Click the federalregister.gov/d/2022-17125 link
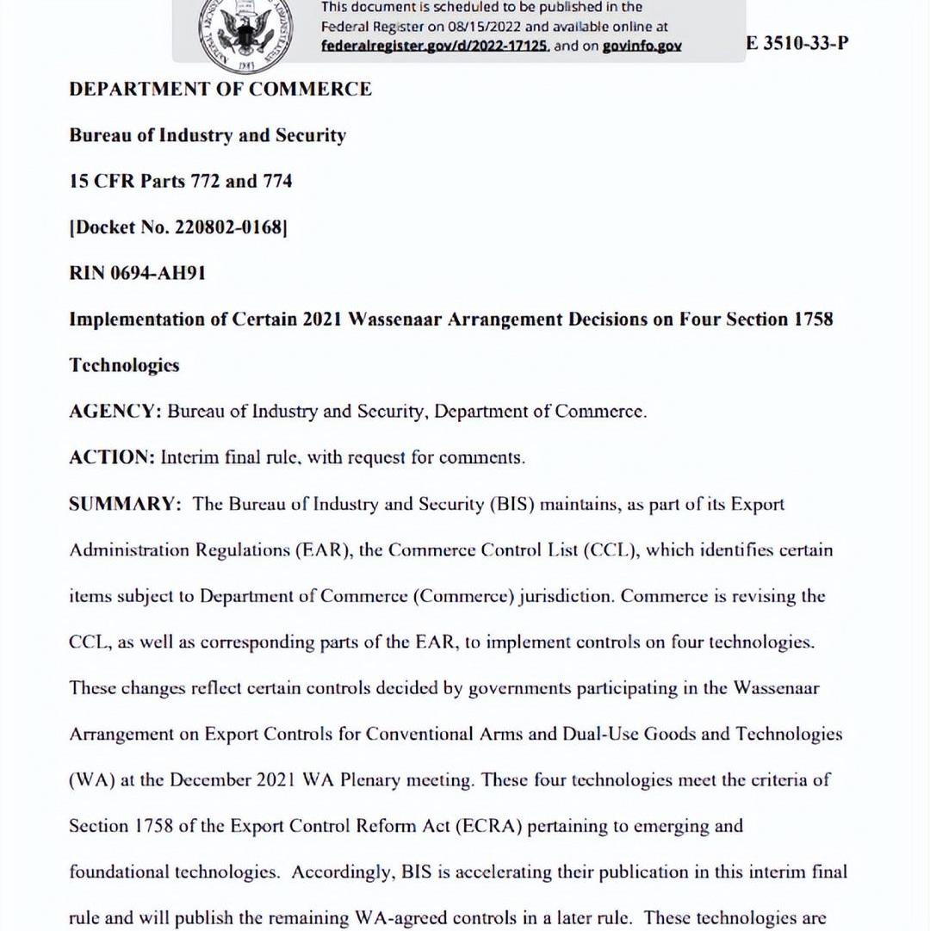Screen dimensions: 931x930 pyautogui.click(x=435, y=47)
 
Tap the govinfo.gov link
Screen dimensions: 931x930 pyautogui.click(x=642, y=47)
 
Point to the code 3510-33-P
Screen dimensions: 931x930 pyautogui.click(x=805, y=43)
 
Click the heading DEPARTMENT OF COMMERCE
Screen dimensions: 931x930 pyautogui.click(x=220, y=90)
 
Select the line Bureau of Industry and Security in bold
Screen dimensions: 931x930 pyautogui.click(x=208, y=135)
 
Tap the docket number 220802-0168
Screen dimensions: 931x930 pyautogui.click(x=228, y=227)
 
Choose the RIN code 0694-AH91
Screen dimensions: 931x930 pyautogui.click(x=158, y=274)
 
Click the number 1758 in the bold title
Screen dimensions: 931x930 pyautogui.click(x=812, y=320)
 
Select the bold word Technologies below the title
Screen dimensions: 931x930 pyautogui.click(x=124, y=365)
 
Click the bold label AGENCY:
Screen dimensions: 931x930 pyautogui.click(x=115, y=412)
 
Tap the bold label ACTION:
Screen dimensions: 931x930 pyautogui.click(x=112, y=457)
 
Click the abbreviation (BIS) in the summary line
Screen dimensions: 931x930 pyautogui.click(x=514, y=504)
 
